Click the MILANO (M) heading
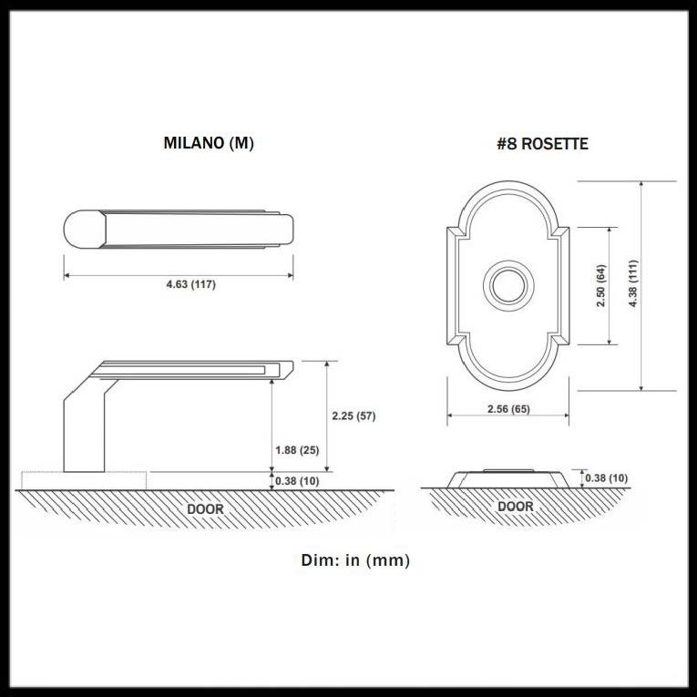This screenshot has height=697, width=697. click(x=209, y=143)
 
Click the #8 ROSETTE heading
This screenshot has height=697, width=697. click(x=542, y=144)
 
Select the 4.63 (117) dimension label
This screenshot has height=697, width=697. click(x=191, y=284)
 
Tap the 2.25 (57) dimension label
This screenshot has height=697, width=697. click(x=354, y=416)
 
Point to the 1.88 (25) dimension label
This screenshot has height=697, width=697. click(x=297, y=450)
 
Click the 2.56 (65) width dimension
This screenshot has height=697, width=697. click(x=508, y=409)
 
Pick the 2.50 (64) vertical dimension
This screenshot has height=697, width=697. click(x=601, y=286)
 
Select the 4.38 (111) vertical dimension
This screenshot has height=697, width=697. click(x=633, y=284)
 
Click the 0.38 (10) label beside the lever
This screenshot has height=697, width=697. click(x=297, y=481)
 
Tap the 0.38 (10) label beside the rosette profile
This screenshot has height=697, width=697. click(x=606, y=478)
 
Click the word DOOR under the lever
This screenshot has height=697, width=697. click(x=205, y=509)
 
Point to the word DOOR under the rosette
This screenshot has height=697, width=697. click(x=515, y=507)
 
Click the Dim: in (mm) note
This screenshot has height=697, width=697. click(x=355, y=560)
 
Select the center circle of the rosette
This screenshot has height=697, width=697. click(x=508, y=286)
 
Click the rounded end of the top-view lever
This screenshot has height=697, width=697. click(x=85, y=229)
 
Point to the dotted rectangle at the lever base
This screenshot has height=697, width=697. click(x=84, y=480)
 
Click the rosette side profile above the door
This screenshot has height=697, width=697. click(x=508, y=478)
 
